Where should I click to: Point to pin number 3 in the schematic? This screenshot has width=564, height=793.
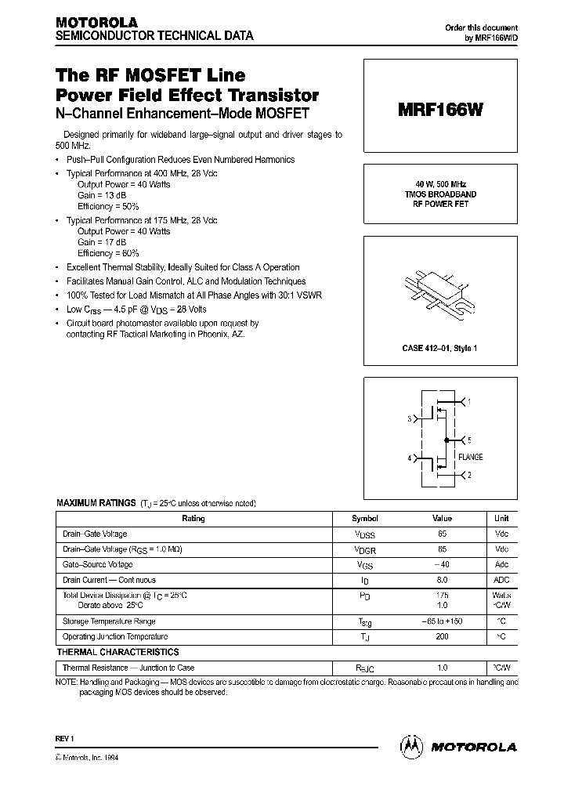[x=409, y=419]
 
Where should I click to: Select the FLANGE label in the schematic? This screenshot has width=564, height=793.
[x=470, y=457]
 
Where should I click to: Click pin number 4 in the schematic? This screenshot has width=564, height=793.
[x=409, y=458]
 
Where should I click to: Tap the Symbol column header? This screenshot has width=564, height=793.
[x=364, y=519]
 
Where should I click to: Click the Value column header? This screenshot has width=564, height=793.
[x=442, y=519]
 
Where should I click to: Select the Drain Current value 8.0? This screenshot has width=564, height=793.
[x=442, y=580]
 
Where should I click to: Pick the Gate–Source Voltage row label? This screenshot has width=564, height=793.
[x=97, y=564]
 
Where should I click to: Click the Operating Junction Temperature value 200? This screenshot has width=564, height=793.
[x=442, y=636]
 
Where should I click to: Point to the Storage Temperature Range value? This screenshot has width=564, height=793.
[x=442, y=621]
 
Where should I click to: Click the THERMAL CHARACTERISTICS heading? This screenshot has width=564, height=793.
[x=117, y=652]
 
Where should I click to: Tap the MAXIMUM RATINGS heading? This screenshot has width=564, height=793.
[x=95, y=503]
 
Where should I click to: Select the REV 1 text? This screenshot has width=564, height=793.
[x=64, y=738]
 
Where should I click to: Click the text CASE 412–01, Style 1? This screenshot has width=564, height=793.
[x=439, y=347]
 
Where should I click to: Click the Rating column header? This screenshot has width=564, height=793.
[x=193, y=519]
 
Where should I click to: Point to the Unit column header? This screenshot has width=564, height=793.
[x=501, y=519]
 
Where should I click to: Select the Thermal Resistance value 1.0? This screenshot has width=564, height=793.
[x=442, y=668]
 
